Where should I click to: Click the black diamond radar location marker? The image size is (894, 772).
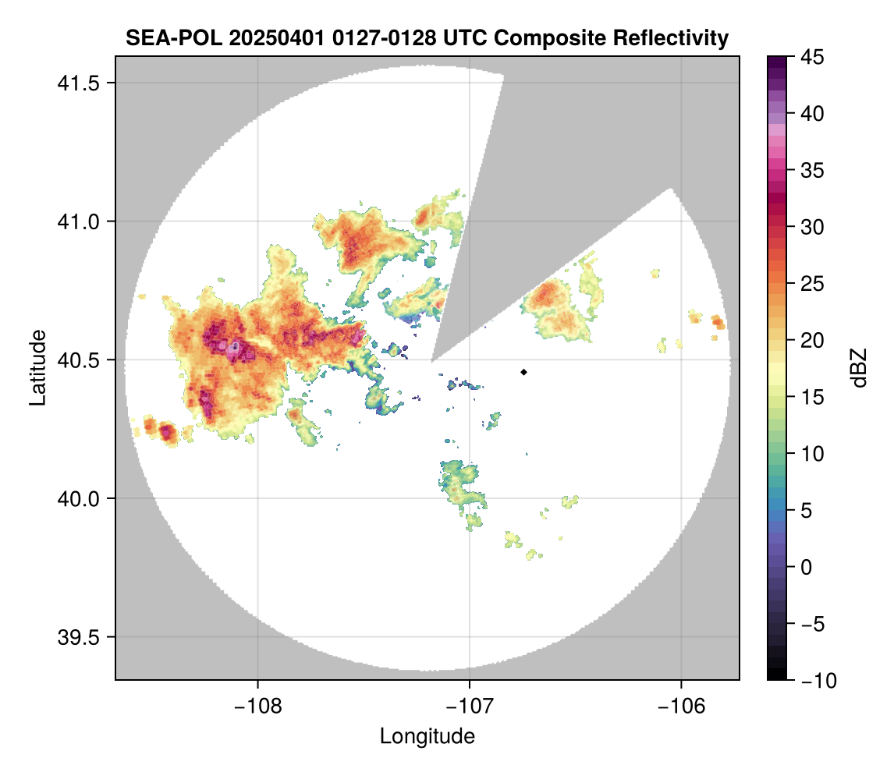click(524, 372)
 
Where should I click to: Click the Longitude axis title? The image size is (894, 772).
click(427, 735)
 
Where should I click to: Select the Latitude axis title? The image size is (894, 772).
click(37, 367)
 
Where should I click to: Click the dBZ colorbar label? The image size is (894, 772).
click(859, 367)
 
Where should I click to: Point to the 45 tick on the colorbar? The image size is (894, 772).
click(811, 57)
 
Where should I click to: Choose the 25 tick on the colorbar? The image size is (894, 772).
click(811, 284)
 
